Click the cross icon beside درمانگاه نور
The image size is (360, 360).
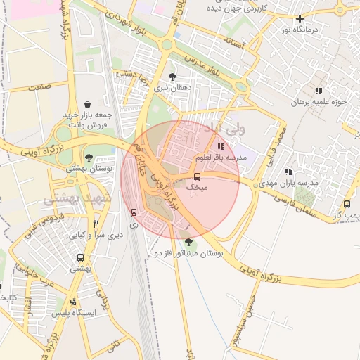click(x=300, y=19)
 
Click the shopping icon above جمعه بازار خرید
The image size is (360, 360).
click(x=86, y=104)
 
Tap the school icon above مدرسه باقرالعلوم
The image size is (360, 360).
click(x=221, y=146)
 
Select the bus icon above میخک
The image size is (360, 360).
click(x=197, y=176)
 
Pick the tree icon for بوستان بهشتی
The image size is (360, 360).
click(x=89, y=157)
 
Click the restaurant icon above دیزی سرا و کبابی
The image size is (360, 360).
click(x=96, y=224)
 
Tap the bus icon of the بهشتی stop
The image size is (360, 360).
click(x=80, y=258)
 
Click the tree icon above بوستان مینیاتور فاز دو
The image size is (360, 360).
click(x=188, y=242)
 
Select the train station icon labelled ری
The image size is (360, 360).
click(x=134, y=212)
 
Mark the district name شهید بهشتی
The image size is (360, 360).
click(x=77, y=200)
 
